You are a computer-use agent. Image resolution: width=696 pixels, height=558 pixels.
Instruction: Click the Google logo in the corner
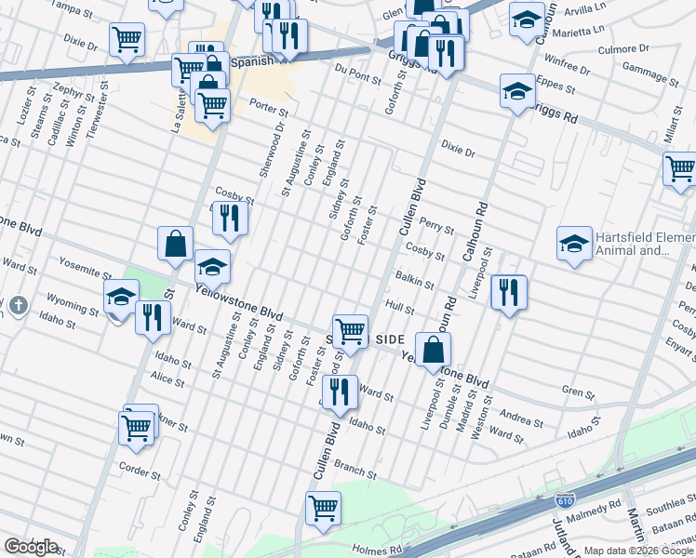(x=32, y=547)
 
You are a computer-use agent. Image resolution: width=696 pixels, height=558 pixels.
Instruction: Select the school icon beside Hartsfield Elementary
(x=574, y=244)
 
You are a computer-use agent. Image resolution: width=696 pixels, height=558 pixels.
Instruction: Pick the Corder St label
(x=141, y=471)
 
